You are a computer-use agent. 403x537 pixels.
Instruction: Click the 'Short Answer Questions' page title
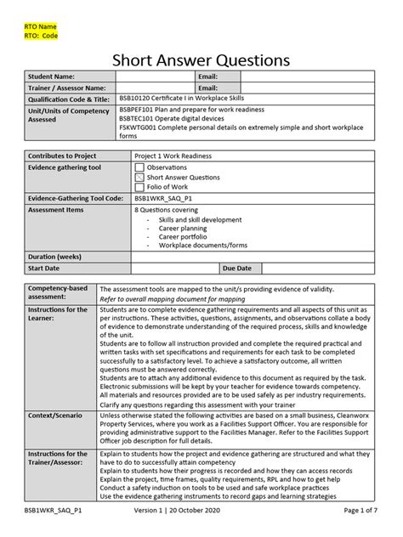[x=201, y=59]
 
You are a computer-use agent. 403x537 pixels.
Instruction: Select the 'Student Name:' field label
[x=53, y=77]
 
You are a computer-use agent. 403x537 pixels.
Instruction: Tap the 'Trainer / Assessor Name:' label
[x=68, y=88]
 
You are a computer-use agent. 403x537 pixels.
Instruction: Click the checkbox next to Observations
[x=139, y=168]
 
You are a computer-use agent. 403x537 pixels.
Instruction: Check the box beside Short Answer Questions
[x=139, y=178]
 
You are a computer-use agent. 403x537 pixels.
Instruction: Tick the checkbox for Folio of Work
[x=139, y=188]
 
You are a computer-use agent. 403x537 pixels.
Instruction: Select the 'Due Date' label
[x=237, y=268]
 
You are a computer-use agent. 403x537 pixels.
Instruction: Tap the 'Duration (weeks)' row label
[x=55, y=257]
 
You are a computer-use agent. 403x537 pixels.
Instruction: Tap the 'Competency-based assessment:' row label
[x=57, y=293]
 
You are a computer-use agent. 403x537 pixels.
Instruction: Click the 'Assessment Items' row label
[x=56, y=209]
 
